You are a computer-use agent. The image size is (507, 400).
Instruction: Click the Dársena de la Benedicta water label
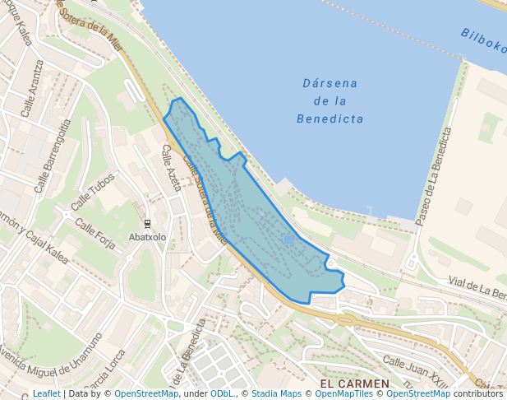(330, 100)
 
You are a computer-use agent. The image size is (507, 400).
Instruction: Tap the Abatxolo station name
(147, 237)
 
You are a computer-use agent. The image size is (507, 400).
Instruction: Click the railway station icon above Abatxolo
(147, 224)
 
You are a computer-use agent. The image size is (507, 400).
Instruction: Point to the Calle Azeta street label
(171, 168)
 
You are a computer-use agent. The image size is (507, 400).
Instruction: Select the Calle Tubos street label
(93, 196)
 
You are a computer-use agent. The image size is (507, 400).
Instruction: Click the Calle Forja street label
(95, 233)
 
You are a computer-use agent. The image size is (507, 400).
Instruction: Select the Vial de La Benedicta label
(477, 288)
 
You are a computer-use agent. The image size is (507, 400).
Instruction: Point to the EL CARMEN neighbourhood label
(354, 384)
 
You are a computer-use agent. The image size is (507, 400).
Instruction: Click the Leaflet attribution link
(46, 393)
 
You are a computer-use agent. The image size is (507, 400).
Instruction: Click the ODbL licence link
(221, 393)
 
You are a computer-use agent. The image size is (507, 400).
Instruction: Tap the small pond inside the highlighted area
(287, 240)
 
